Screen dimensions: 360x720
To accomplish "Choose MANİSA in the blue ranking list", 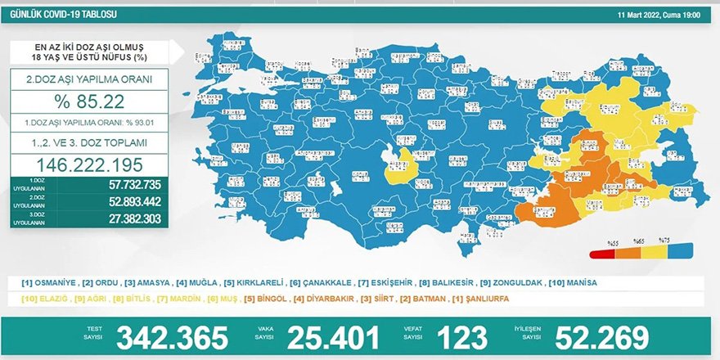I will point(578,282).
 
